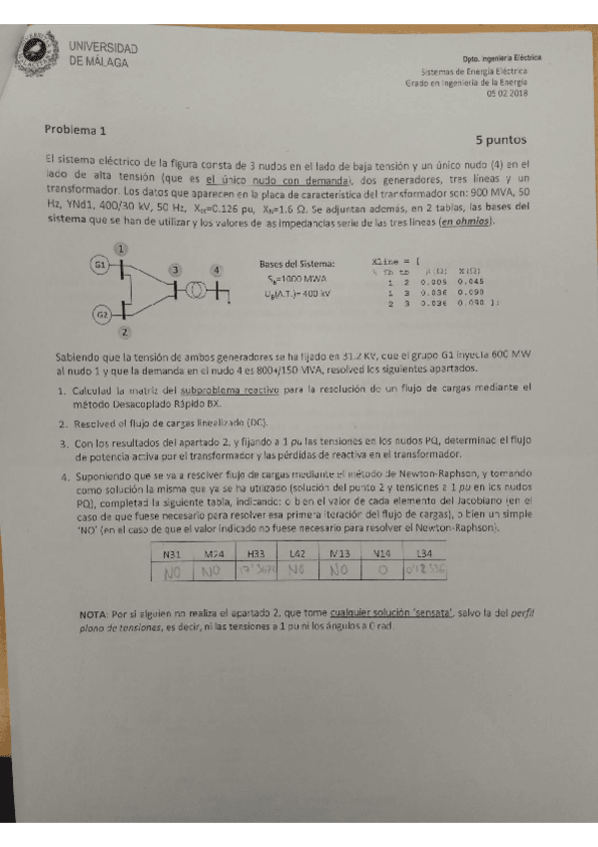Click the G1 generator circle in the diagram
[100, 265]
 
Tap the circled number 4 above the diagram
[217, 270]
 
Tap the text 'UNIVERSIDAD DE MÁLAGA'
[103, 55]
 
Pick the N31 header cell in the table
[174, 555]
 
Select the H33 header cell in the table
[256, 555]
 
